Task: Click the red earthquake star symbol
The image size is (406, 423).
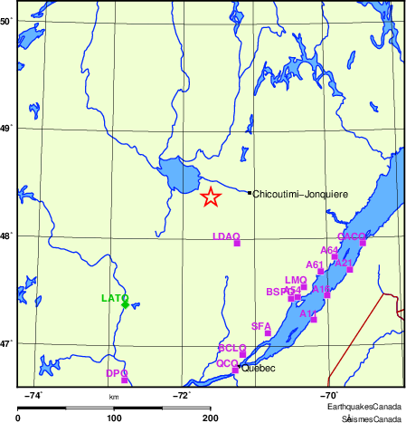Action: point(210,197)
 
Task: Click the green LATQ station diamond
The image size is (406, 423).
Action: point(125,304)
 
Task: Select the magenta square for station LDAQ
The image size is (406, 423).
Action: point(237,243)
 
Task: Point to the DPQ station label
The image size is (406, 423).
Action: point(117,373)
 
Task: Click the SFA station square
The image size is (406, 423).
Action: point(268,333)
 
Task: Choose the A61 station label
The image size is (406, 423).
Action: point(315,265)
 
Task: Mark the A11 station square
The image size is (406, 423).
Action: point(314,319)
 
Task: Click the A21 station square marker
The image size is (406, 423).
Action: point(350,269)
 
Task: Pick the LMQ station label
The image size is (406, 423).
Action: point(296,281)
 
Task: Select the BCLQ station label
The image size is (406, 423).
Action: point(232,349)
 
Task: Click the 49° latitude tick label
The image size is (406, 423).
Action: point(5,129)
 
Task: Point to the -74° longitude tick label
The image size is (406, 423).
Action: point(35,395)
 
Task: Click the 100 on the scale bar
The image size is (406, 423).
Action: point(114,418)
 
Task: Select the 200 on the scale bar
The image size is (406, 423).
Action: point(211,418)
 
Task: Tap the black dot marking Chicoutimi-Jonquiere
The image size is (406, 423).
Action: point(250,192)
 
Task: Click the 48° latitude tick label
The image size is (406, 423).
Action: point(5,236)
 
